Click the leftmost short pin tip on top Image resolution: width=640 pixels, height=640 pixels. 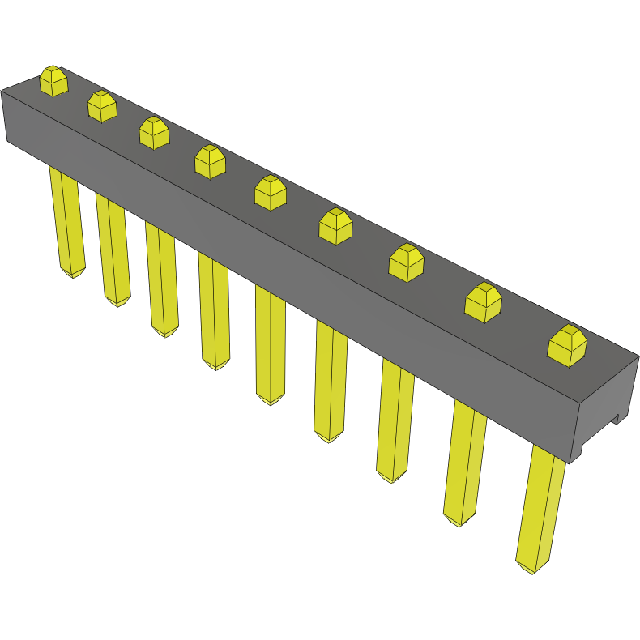53,81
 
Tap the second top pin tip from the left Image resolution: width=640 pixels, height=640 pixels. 102,106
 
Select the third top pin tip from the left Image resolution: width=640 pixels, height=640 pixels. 154,133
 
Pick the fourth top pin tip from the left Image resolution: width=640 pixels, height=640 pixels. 210,161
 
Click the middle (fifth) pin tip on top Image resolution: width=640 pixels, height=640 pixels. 270,193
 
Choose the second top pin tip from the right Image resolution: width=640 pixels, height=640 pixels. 483,302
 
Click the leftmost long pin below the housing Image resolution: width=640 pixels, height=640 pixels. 67,219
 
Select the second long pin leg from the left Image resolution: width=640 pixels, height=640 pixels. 113,247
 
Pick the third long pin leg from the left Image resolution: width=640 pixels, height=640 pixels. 161,279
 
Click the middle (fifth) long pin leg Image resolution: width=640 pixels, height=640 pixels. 270,344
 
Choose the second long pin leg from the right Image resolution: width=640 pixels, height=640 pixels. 464,462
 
